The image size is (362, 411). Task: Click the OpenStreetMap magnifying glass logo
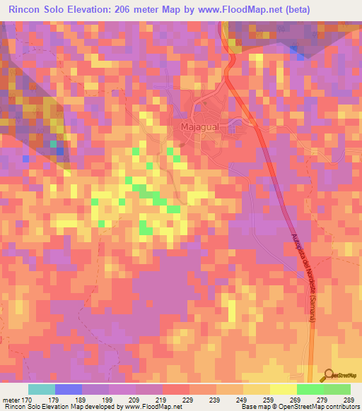tap(328, 375)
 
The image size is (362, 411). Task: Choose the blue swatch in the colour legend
tap(69, 389)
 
